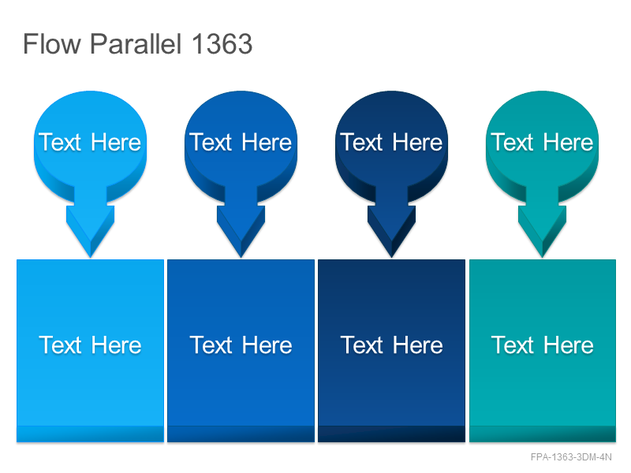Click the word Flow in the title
(52, 43)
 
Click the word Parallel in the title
(136, 43)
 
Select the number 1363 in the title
(222, 43)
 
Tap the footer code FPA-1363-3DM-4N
(571, 457)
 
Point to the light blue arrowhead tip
(91, 258)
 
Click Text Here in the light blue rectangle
(90, 345)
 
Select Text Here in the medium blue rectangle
(241, 345)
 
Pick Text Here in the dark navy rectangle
(391, 345)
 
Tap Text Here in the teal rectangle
(542, 345)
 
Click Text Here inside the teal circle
(542, 142)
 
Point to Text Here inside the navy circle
(391, 142)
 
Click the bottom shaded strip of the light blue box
(90, 434)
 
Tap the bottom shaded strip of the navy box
(391, 434)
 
